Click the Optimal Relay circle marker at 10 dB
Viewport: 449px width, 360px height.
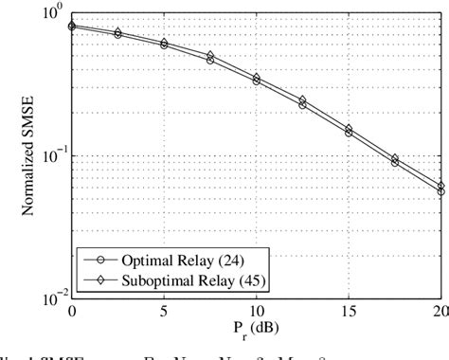(257, 81)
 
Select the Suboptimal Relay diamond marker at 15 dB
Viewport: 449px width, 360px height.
(349, 129)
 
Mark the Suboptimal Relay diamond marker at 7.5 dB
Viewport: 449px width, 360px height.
(210, 56)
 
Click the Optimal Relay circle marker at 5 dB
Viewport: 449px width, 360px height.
(165, 45)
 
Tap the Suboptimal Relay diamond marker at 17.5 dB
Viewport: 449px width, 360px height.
(394, 158)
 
